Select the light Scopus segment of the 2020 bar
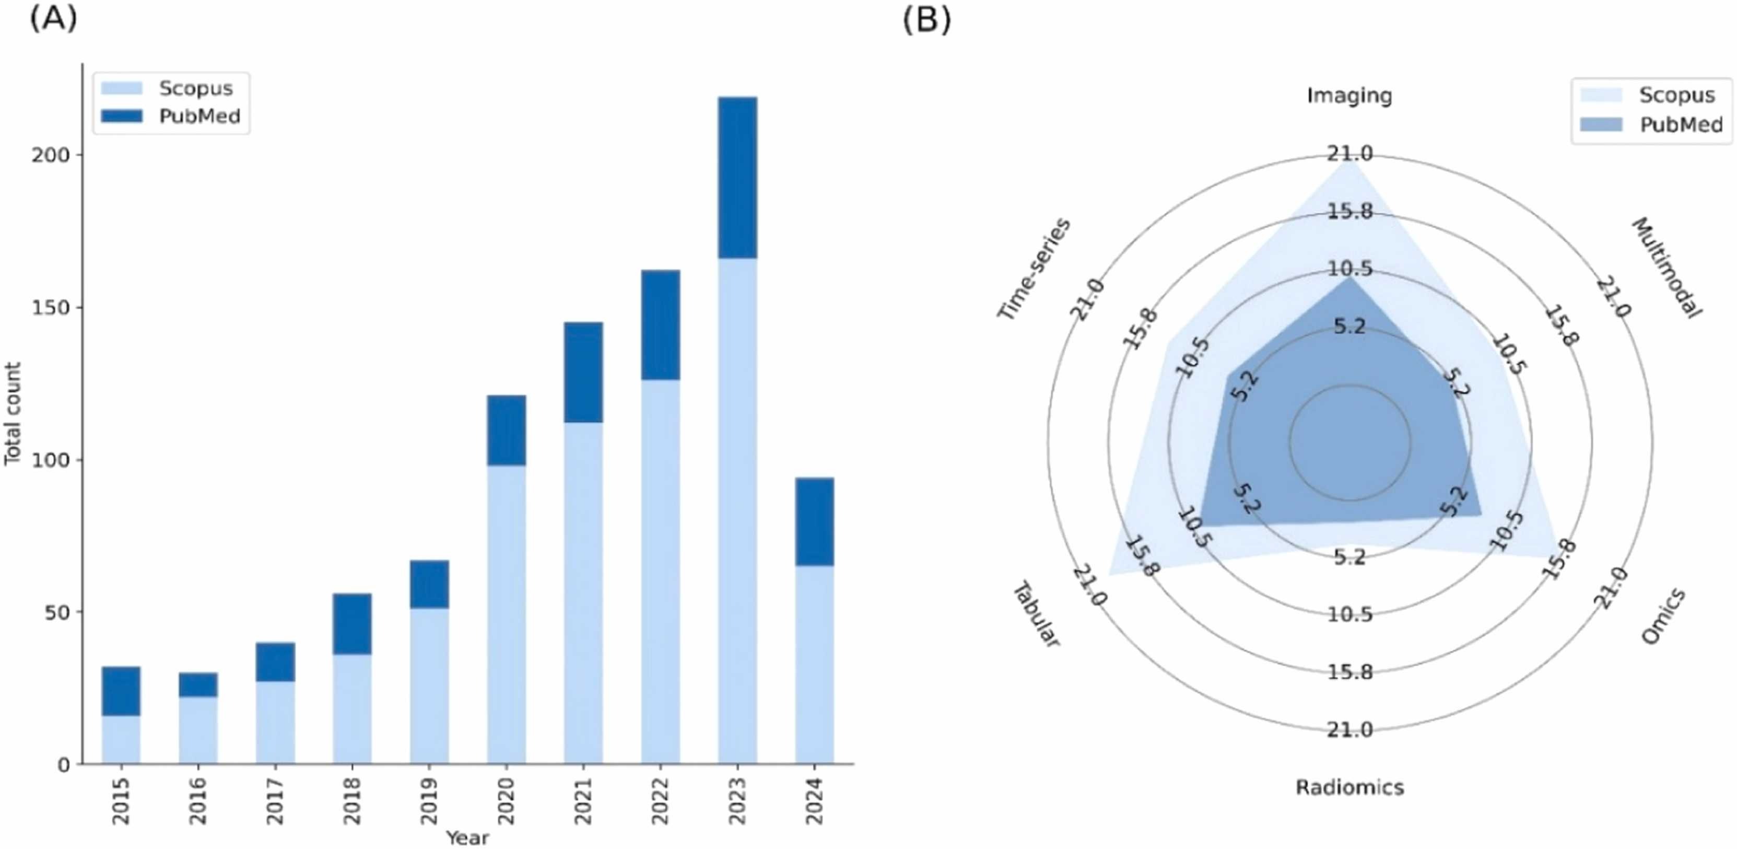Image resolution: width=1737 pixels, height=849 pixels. [507, 614]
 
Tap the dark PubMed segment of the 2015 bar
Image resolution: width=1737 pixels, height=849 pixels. [121, 691]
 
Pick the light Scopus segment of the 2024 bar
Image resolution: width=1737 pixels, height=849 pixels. [815, 664]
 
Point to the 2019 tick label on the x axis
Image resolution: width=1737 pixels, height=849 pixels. [429, 800]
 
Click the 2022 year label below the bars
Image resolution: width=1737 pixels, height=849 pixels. [660, 800]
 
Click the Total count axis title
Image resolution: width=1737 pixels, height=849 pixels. [13, 413]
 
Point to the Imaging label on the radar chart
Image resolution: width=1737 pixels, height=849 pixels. [1349, 95]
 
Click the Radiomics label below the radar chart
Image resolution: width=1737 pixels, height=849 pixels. [1349, 787]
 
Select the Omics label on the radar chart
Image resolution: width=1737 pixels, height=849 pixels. [1663, 615]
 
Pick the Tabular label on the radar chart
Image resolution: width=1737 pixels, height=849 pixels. [1036, 614]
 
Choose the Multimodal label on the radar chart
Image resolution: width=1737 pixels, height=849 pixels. [1666, 267]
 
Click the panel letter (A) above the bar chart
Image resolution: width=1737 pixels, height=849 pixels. [53, 19]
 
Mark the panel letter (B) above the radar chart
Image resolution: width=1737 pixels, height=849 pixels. [926, 20]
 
